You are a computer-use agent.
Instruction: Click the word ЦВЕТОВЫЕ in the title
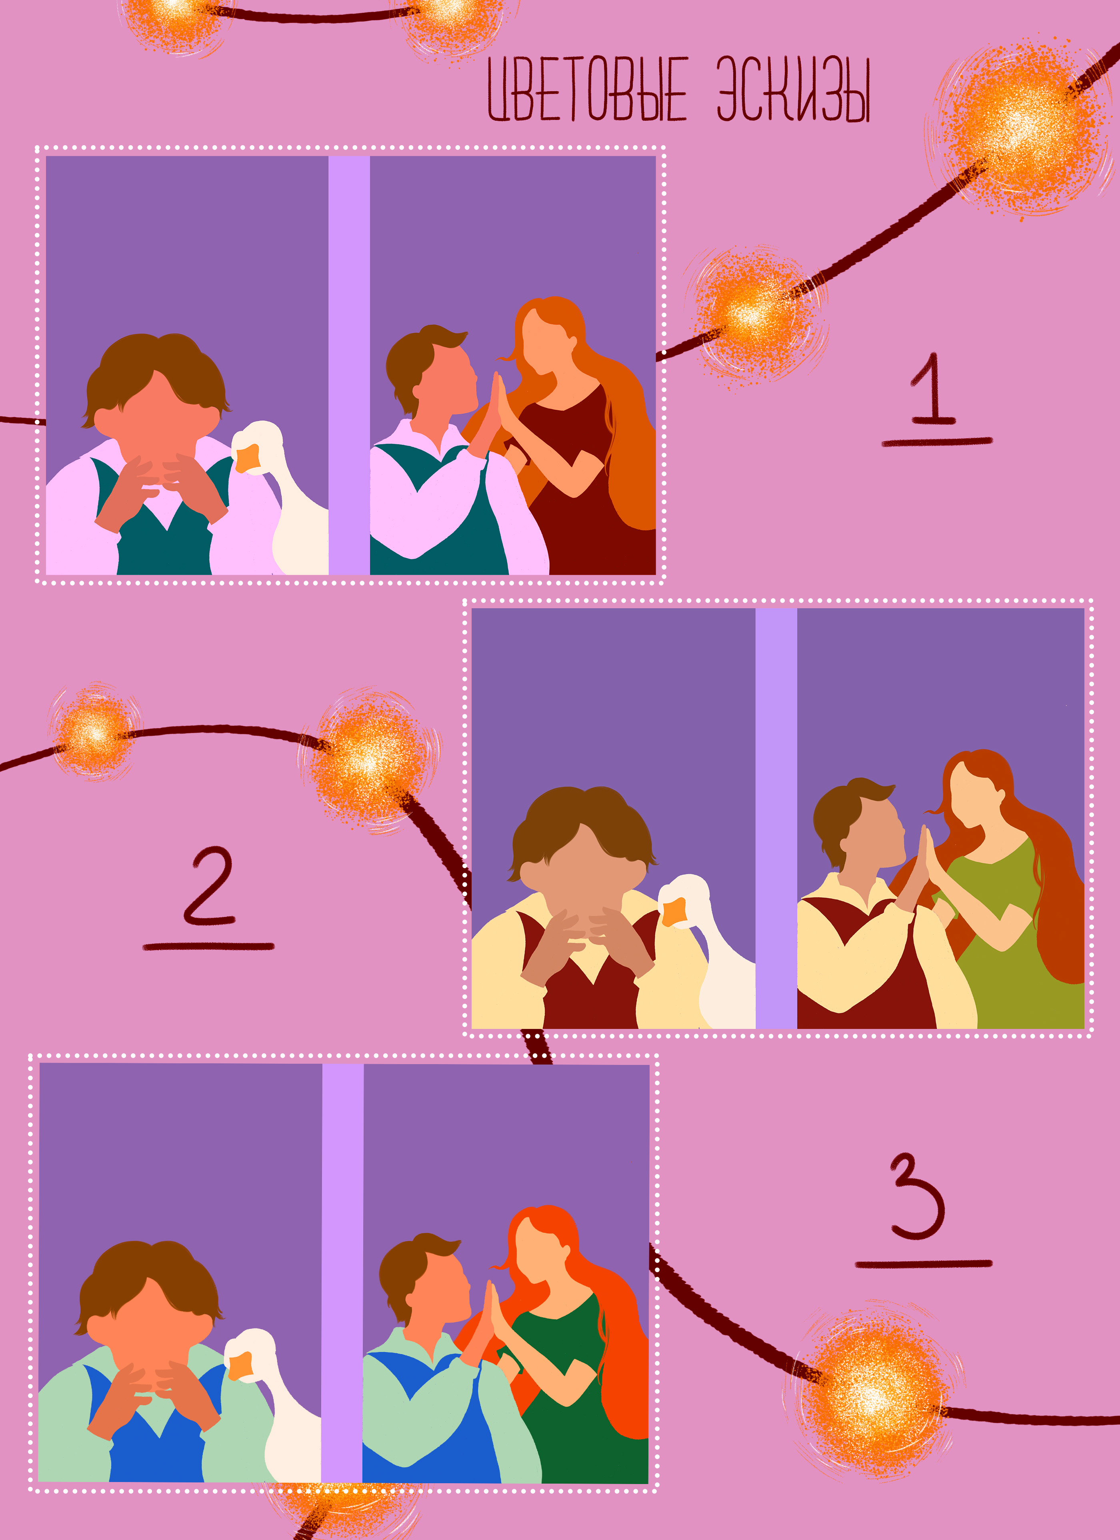pyautogui.click(x=588, y=90)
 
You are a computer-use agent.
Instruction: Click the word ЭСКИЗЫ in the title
pyautogui.click(x=793, y=90)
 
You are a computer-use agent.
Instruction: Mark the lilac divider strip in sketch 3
pyautogui.click(x=342, y=1273)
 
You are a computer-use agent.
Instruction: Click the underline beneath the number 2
pyautogui.click(x=208, y=946)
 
